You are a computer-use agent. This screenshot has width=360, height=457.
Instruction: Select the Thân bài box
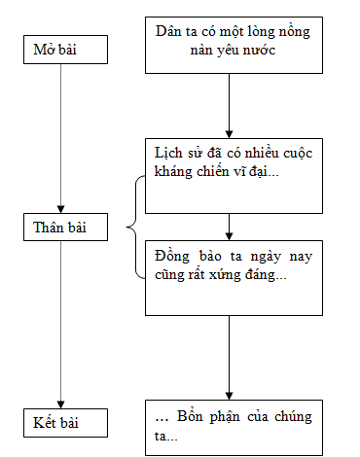pos(60,229)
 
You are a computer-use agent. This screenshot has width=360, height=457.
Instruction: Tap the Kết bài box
pos(60,423)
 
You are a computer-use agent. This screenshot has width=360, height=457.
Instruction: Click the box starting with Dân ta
pos(232,45)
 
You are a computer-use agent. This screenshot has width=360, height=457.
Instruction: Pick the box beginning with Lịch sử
pos(232,176)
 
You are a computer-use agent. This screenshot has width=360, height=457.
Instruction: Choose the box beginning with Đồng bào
pos(232,276)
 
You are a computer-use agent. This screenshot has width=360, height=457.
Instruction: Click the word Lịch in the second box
pos(168,153)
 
